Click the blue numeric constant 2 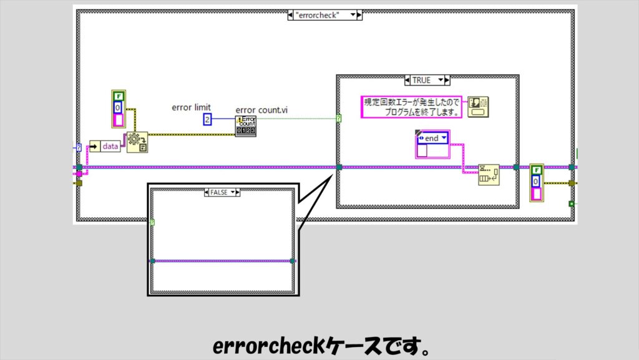click(x=207, y=119)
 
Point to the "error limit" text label click(x=191, y=108)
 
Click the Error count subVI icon click(x=245, y=125)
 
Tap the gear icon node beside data click(x=137, y=142)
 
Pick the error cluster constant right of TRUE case click(x=536, y=182)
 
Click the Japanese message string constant click(x=412, y=107)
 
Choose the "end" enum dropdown click(x=432, y=138)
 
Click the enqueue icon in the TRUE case click(x=488, y=175)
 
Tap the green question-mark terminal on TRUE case click(x=339, y=117)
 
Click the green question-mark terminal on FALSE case click(x=153, y=222)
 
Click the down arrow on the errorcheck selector click(x=353, y=15)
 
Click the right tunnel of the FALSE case click(x=292, y=261)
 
